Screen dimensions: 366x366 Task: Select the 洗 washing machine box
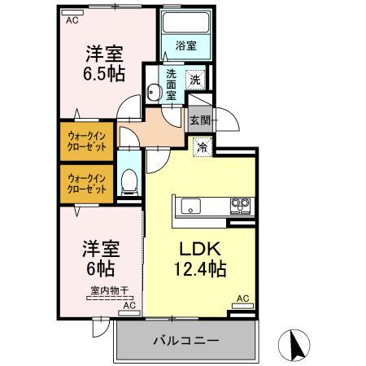(x=195, y=79)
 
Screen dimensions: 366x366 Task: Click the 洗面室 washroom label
(x=172, y=84)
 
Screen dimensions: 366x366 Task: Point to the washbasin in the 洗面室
(x=154, y=91)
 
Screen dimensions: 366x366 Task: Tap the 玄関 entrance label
(x=200, y=120)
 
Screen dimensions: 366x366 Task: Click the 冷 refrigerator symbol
(x=203, y=147)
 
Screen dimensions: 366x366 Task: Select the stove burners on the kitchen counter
(x=240, y=204)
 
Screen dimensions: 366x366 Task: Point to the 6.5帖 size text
(x=102, y=73)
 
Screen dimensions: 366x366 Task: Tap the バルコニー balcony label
(x=185, y=339)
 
